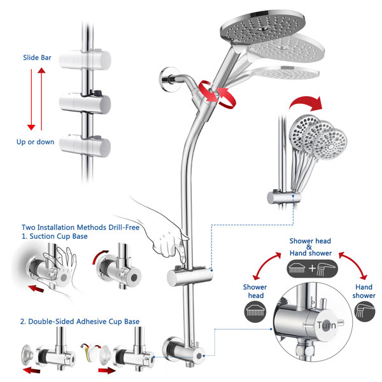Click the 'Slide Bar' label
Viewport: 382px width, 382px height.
coord(37,57)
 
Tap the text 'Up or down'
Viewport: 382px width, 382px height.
coord(35,142)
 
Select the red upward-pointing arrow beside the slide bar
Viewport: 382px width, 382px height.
coord(41,99)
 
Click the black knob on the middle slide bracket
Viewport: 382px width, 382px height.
coord(97,93)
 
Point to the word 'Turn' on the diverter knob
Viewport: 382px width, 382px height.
coord(326,325)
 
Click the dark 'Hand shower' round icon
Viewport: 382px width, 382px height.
coord(364,311)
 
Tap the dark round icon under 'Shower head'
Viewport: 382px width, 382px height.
coord(255,311)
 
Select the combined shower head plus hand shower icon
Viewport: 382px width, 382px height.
coord(312,269)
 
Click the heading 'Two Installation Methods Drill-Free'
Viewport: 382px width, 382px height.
coord(80,227)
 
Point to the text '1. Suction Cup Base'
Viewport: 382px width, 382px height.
coord(55,236)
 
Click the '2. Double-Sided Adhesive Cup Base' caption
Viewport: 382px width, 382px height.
coord(80,322)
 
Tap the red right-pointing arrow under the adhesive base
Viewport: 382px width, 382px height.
coord(107,371)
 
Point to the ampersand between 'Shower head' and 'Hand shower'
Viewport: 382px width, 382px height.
coord(309,247)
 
